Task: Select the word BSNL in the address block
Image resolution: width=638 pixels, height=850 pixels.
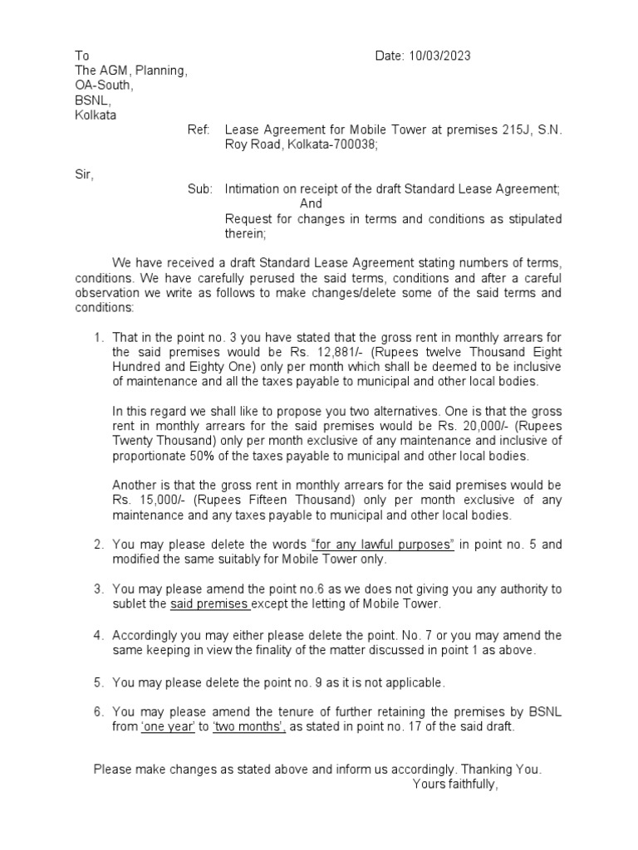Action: coord(92,100)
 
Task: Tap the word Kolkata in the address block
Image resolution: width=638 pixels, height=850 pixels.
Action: coord(96,115)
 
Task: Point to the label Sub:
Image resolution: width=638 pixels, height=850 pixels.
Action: coord(199,189)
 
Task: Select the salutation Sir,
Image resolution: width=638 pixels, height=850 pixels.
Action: coord(85,174)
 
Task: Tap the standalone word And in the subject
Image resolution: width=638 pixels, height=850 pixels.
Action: coord(311,204)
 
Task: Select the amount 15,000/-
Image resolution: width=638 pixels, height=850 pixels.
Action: coord(159,501)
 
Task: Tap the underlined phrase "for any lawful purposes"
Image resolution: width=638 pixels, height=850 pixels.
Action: coord(382,545)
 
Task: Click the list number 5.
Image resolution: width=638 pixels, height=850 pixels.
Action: coord(97,682)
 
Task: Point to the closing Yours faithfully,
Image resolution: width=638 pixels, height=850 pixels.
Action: coord(455,784)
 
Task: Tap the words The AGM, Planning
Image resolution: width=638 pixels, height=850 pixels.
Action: coord(130,71)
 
